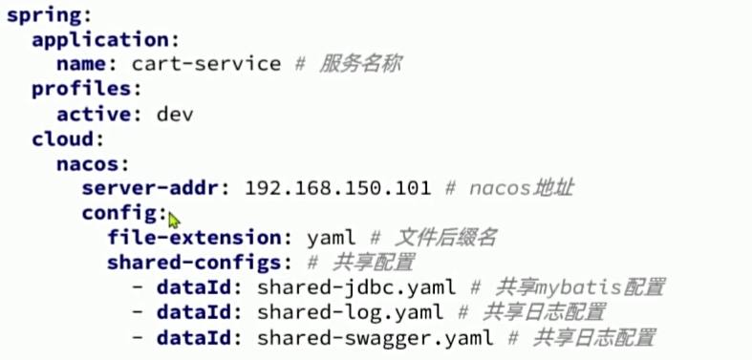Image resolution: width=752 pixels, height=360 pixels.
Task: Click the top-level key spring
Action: click(x=43, y=16)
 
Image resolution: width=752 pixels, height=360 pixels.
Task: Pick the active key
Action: click(x=91, y=114)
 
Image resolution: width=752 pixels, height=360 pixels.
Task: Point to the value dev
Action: click(x=175, y=114)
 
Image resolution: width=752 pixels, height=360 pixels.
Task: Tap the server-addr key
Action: click(x=157, y=188)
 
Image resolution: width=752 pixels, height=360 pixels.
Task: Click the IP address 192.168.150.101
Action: click(x=337, y=188)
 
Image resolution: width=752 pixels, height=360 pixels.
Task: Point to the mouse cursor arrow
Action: click(x=173, y=220)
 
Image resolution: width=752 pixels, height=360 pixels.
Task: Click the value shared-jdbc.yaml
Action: click(x=355, y=287)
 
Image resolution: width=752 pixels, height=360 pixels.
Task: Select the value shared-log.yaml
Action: click(x=350, y=312)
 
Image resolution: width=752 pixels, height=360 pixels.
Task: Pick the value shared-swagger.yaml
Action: click(x=375, y=337)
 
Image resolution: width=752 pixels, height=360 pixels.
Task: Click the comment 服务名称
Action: click(x=360, y=65)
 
